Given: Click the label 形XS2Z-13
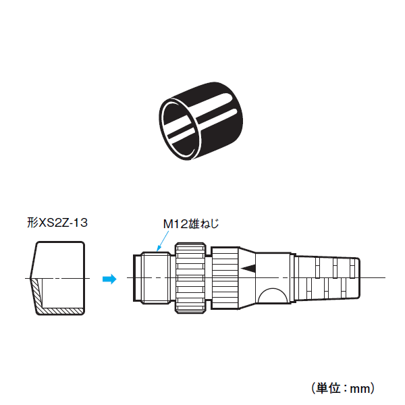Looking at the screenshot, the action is (57, 223).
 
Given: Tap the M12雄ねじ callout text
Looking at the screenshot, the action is (191, 223).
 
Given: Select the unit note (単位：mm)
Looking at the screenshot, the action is (344, 387).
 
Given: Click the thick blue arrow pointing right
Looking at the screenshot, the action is (109, 279).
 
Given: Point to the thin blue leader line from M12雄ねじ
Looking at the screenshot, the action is (163, 241).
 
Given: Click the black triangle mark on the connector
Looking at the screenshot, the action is (248, 269).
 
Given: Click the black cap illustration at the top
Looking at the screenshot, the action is (201, 121).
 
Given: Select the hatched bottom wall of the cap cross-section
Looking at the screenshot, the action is (62, 311).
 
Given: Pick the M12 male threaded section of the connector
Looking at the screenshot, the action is (157, 277).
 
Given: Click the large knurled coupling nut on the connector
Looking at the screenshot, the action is (190, 278).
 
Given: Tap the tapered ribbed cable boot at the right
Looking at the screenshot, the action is (327, 278).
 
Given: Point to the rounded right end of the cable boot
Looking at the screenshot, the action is (358, 278).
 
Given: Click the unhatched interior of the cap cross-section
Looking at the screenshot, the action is (63, 293).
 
